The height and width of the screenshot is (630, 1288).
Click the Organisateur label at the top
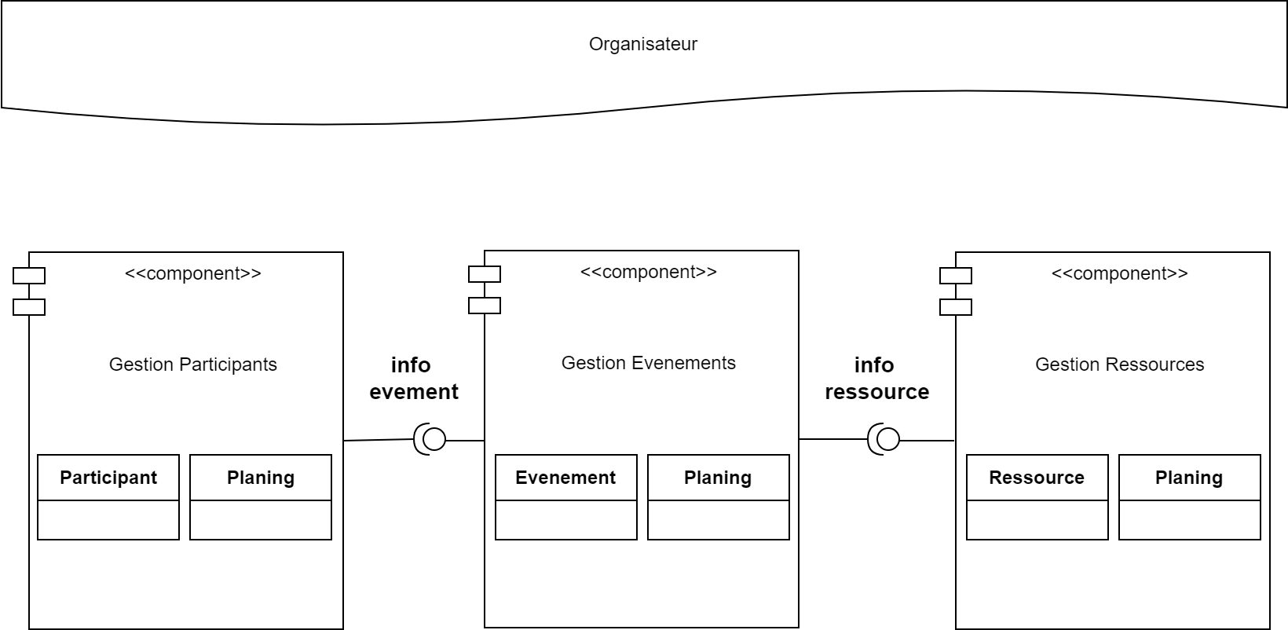[x=642, y=44]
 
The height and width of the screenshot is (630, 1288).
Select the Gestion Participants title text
[x=192, y=364]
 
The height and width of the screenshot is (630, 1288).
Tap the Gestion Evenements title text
[x=648, y=363]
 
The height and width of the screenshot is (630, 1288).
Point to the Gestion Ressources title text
[x=1119, y=364]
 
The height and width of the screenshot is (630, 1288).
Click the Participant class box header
[x=108, y=478]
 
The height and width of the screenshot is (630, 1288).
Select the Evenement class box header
[x=565, y=478]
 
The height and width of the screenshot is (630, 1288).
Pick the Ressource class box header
[x=1037, y=478]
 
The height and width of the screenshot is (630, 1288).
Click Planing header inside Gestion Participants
[x=261, y=478]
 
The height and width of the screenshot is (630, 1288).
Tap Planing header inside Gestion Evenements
[x=718, y=478]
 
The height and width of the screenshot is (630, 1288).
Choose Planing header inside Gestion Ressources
[x=1189, y=478]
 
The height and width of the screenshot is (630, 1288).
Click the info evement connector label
[x=413, y=378]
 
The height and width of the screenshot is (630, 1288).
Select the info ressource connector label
[x=876, y=378]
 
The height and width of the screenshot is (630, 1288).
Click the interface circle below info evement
[x=434, y=439]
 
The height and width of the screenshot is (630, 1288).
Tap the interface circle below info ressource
[x=887, y=439]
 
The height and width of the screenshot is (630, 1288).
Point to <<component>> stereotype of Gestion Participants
[x=192, y=273]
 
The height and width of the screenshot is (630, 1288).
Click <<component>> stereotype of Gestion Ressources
[x=1119, y=273]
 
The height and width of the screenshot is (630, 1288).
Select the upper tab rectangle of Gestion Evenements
[x=485, y=274]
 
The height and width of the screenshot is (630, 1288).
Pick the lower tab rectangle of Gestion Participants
[x=29, y=307]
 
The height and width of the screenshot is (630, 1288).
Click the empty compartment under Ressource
[x=1037, y=520]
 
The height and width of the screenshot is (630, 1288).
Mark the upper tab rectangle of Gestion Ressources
[x=956, y=276]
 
